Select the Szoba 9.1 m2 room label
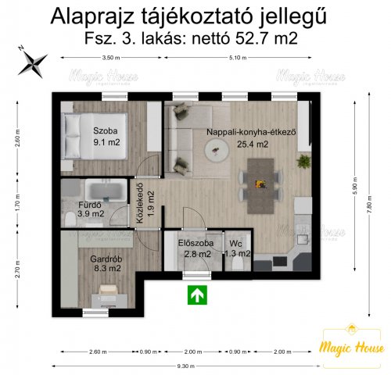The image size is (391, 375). tap(106, 137)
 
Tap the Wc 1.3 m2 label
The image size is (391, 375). tap(237, 248)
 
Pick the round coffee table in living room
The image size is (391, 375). tap(213, 154)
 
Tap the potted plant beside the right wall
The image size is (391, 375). tap(303, 161)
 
